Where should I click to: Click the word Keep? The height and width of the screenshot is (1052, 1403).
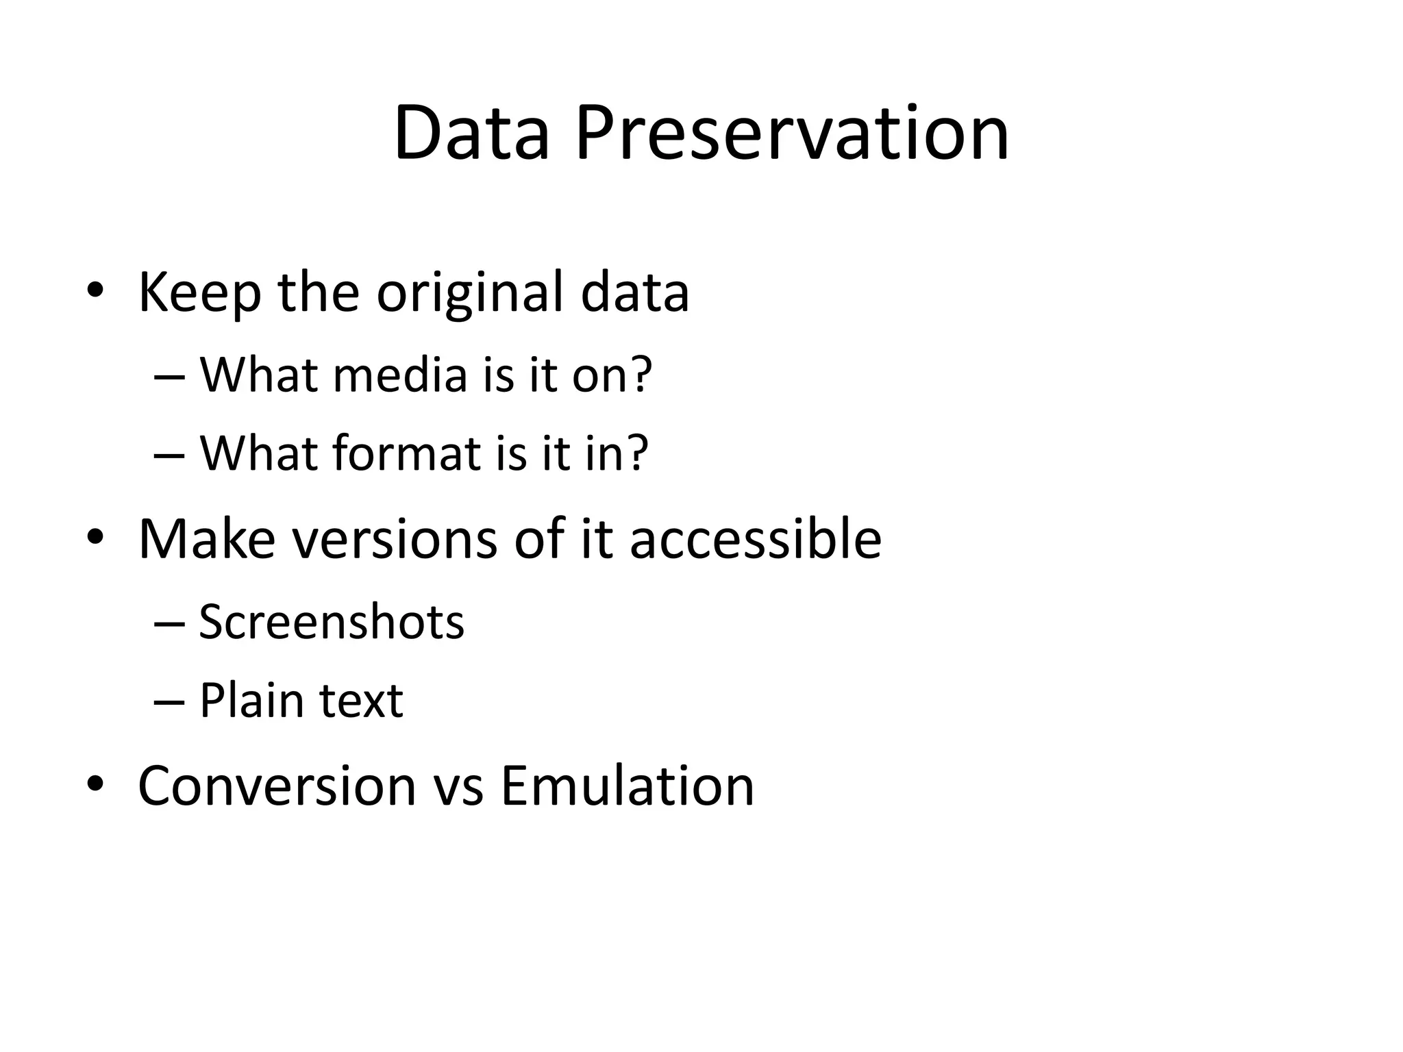point(199,293)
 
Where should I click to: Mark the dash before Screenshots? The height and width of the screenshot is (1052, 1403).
point(169,623)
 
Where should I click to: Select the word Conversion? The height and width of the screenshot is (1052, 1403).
point(277,786)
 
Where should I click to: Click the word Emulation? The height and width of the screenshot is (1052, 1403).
point(627,786)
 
